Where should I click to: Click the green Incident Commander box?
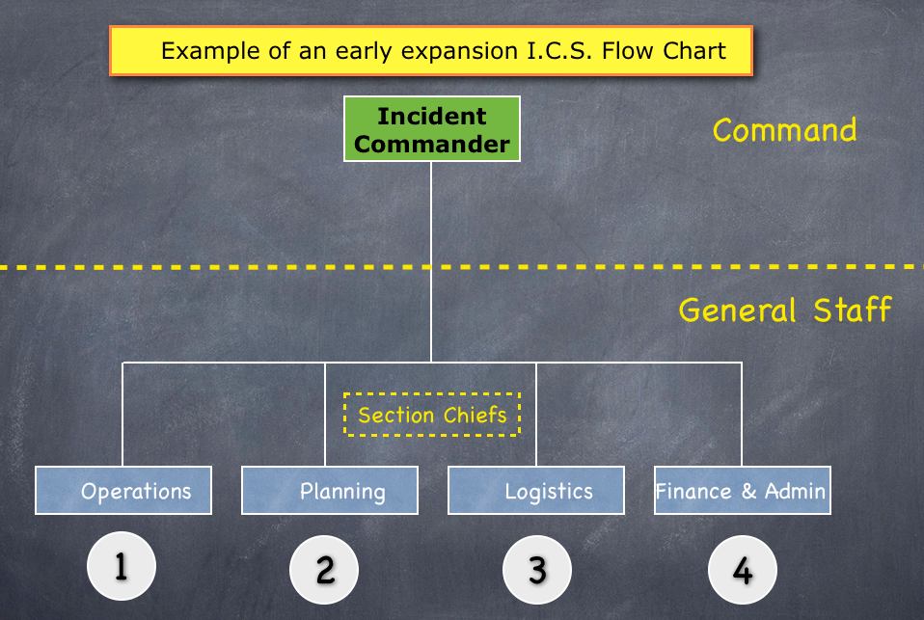[x=432, y=128]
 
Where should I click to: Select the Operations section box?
[x=123, y=491]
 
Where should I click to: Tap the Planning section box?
[x=330, y=491]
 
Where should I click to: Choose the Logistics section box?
[x=536, y=491]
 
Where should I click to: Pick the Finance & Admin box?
[x=743, y=491]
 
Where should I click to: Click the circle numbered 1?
[x=122, y=566]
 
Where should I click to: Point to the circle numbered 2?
[x=324, y=569]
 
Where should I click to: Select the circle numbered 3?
[x=537, y=569]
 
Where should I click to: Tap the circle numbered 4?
[x=743, y=569]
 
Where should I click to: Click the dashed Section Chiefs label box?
[x=432, y=415]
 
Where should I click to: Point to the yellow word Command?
[x=784, y=130]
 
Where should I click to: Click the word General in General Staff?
[x=737, y=310]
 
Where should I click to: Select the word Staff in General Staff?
[x=852, y=310]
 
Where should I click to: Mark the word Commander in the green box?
[x=432, y=144]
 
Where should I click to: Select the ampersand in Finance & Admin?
[x=748, y=491]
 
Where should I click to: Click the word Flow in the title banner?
[x=626, y=51]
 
